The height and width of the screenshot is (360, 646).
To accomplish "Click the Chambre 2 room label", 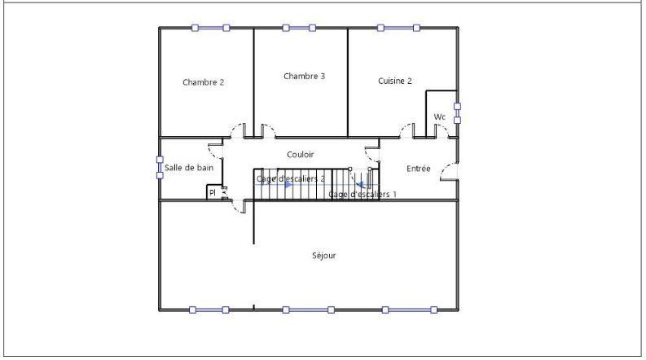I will coord(203,82).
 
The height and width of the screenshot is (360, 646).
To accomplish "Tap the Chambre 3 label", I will coord(305,77).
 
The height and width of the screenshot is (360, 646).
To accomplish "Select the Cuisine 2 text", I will coord(395,81).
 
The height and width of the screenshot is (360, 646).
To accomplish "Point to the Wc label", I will coord(440,117).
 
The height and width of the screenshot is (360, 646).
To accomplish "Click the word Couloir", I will coord(301,154).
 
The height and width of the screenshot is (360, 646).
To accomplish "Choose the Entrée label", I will coord(419,169).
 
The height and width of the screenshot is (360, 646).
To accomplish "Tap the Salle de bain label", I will coord(189,168).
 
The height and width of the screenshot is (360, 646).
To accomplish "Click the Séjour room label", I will coord(323,256).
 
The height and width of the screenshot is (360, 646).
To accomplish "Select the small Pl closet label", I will coord(213,193).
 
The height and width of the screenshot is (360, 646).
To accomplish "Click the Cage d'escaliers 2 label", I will coord(291,178).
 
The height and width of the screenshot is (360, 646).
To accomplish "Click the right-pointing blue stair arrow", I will coord(288,185).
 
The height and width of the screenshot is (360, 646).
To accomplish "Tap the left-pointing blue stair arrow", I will coord(360,185).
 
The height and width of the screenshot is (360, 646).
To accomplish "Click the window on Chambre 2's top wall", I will coord(210,28).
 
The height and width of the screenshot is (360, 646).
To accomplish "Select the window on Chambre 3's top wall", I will coord(299,28).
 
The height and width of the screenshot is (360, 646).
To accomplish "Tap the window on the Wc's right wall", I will coord(457,112).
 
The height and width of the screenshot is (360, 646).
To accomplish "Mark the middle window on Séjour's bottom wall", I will coord(308,310).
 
